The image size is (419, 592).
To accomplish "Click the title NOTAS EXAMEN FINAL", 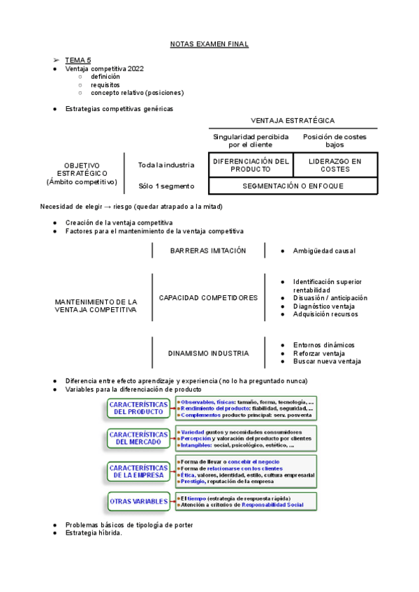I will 209,45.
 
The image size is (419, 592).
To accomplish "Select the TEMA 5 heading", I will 78,61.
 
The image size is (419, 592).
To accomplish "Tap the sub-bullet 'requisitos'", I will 105,84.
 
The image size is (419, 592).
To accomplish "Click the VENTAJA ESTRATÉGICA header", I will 292,121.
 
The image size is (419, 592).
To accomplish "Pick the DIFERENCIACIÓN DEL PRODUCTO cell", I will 250,165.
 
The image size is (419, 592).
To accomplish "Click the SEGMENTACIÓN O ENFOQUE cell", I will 293,186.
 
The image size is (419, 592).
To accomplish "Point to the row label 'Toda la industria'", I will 166,165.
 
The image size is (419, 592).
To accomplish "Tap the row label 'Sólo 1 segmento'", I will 166,186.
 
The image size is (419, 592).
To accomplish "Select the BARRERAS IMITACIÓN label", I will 208,251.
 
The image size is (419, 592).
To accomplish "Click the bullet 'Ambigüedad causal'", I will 324,251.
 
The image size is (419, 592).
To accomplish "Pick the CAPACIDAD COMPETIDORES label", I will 208,297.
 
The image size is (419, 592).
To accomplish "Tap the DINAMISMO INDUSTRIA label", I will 208,353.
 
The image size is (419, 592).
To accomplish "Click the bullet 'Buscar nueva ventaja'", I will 327,362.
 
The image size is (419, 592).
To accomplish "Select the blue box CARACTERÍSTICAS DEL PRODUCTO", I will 138,408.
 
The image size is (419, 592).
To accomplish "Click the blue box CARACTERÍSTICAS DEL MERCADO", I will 138,438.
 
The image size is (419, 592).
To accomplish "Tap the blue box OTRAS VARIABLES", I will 138,501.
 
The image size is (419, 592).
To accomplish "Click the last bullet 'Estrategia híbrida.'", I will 94,533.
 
